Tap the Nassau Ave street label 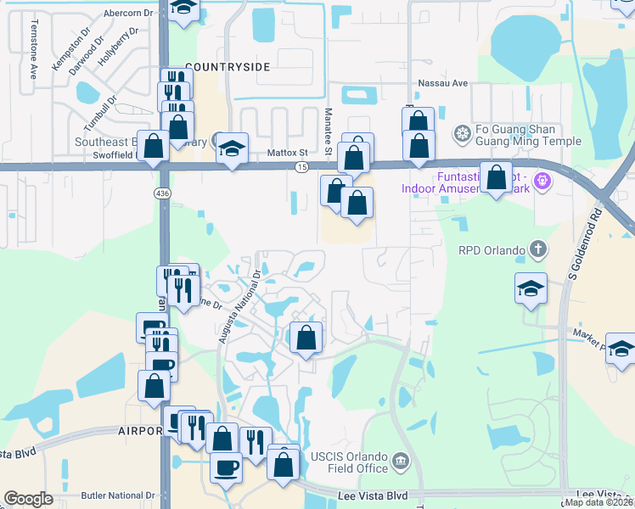tap(443, 84)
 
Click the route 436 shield tap(162, 193)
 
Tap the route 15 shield tap(301, 168)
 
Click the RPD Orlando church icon tap(537, 249)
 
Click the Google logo tap(29, 499)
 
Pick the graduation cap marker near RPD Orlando tap(531, 288)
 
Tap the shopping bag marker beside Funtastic tap(497, 178)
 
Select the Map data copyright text tap(598, 502)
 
